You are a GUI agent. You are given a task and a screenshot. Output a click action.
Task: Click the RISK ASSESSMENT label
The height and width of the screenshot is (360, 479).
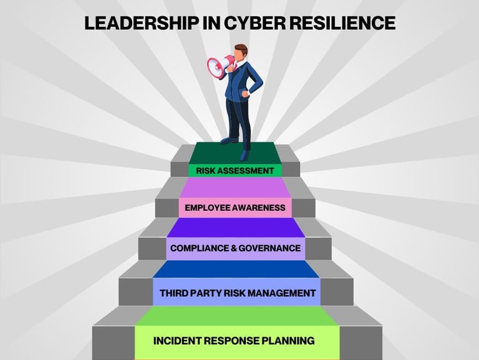[x=235, y=170]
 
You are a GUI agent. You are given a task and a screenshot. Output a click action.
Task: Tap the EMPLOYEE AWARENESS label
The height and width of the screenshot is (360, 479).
[x=235, y=208]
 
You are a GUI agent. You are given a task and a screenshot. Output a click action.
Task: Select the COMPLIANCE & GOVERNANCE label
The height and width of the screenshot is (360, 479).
[x=235, y=248]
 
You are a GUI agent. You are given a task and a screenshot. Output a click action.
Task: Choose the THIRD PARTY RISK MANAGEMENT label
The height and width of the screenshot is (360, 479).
[x=237, y=293]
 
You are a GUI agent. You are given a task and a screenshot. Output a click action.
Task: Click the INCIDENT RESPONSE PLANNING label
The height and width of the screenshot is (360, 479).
[x=234, y=341]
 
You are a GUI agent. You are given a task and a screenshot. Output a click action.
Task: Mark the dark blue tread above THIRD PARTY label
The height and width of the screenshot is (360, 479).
[x=236, y=270]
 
